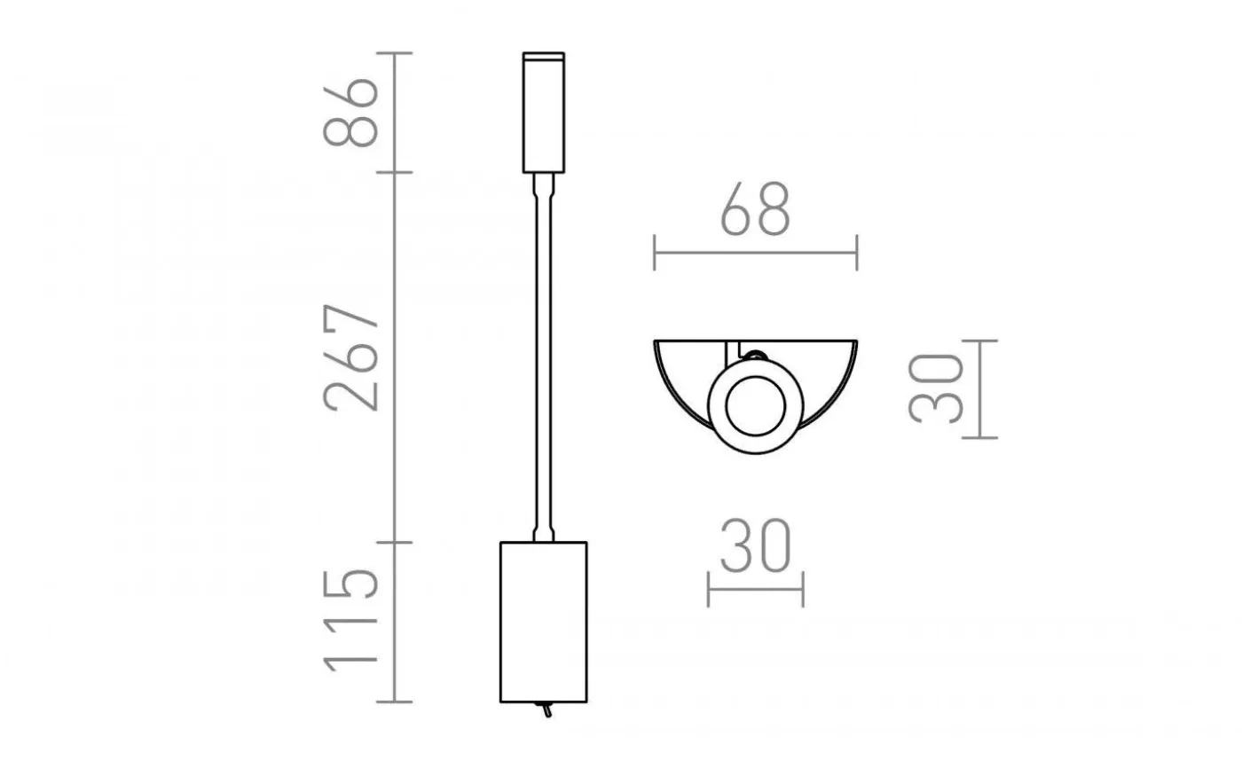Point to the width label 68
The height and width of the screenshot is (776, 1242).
click(x=755, y=211)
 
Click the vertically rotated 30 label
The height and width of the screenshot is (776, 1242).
click(x=937, y=388)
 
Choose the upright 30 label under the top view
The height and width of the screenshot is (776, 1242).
click(x=755, y=546)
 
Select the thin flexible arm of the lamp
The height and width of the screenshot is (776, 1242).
click(x=543, y=355)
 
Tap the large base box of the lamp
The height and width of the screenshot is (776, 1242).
click(x=543, y=621)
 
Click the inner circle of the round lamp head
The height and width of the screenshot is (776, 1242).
click(x=754, y=408)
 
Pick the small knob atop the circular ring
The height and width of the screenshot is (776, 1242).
click(x=755, y=356)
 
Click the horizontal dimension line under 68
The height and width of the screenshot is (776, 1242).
click(x=755, y=253)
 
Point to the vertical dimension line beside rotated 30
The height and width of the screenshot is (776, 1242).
click(x=979, y=388)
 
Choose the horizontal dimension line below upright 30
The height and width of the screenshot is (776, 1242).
click(x=755, y=590)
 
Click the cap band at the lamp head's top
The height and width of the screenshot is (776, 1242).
click(x=543, y=59)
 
